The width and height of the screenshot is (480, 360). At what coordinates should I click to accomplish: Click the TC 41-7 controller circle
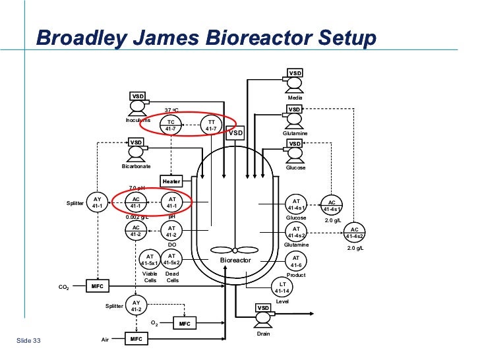click(171, 125)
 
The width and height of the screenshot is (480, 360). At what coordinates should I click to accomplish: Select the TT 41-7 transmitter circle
click(211, 125)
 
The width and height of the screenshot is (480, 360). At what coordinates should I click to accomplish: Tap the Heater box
click(171, 181)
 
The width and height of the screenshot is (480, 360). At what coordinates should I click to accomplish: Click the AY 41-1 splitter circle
click(97, 202)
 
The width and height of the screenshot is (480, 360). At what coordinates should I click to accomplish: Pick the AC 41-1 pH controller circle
click(136, 202)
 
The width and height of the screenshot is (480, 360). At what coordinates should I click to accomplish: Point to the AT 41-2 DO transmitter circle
click(171, 231)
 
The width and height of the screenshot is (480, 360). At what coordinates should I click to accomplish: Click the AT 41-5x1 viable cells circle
click(150, 260)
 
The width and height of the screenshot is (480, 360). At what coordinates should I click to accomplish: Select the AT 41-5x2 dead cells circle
click(171, 259)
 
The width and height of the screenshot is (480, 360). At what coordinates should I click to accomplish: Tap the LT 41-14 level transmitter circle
click(282, 287)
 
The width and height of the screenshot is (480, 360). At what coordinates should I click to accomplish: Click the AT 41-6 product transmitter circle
click(296, 261)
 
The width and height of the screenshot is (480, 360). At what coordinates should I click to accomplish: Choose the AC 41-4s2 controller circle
click(355, 232)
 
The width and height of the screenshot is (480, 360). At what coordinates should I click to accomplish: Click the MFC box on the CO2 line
click(98, 287)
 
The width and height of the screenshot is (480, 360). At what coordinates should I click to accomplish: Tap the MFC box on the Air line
click(136, 339)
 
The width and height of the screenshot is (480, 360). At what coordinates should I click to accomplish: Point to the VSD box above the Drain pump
click(263, 308)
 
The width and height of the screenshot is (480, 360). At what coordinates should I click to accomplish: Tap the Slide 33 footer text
click(28, 340)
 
